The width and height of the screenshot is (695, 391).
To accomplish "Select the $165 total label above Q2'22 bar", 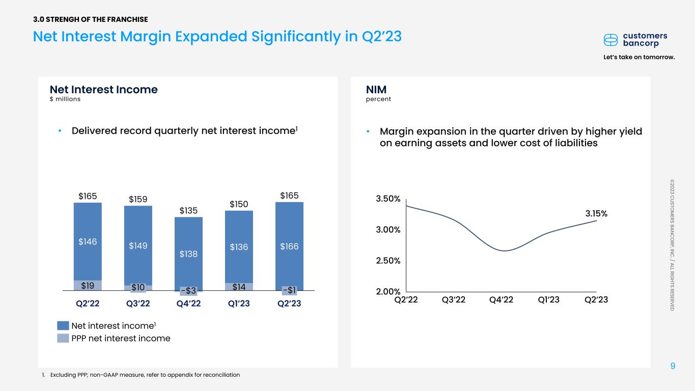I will (x=88, y=195).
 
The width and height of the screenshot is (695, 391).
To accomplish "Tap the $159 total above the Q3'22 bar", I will (x=138, y=199).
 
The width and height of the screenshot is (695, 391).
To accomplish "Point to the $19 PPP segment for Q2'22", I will (x=88, y=287).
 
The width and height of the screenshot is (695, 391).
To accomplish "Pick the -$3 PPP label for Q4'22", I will (x=188, y=291).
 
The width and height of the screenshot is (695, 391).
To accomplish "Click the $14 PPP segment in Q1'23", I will (x=239, y=287).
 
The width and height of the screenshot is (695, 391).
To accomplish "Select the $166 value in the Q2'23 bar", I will (x=289, y=246).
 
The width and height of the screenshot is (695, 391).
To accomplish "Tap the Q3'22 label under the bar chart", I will (x=138, y=304).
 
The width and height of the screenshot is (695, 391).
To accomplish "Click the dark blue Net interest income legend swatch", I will (x=63, y=325).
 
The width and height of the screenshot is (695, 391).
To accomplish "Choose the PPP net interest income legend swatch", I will (x=63, y=338).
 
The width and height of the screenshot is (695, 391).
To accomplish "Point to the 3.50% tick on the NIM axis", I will (x=387, y=199).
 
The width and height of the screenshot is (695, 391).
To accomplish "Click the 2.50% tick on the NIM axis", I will (x=387, y=261).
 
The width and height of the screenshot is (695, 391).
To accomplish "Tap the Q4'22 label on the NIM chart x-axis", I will (x=501, y=300).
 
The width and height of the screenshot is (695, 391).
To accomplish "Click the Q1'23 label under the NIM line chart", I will (x=548, y=300).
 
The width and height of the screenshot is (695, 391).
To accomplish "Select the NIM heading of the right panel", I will (x=376, y=90).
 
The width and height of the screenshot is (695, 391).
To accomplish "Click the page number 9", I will (x=673, y=366).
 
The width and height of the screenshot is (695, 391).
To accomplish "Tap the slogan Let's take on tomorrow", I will (x=639, y=57).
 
